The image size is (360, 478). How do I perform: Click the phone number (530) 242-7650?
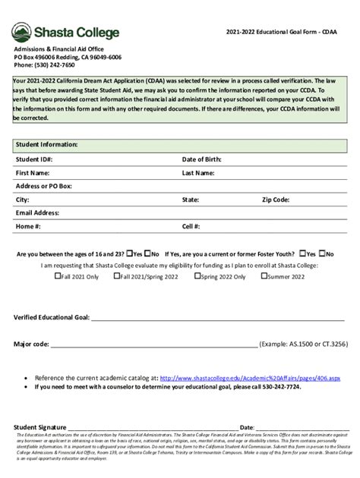pyautogui.click(x=42, y=65)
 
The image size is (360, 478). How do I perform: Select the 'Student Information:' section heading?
pyautogui.click(x=46, y=144)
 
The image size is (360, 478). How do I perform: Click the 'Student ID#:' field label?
pyautogui.click(x=34, y=159)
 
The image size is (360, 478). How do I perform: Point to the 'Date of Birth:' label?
pyautogui.click(x=201, y=159)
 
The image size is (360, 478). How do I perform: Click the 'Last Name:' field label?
pyautogui.click(x=198, y=173)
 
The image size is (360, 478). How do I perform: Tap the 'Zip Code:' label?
pyautogui.click(x=276, y=200)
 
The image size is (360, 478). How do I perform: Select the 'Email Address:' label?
pyautogui.click(x=37, y=213)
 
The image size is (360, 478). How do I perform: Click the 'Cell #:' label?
pyautogui.click(x=191, y=226)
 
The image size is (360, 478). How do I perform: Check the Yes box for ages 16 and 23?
pyautogui.click(x=130, y=253)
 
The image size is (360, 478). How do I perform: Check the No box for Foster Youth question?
pyautogui.click(x=322, y=253)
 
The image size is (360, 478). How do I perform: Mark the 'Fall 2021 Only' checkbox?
pyautogui.click(x=58, y=276)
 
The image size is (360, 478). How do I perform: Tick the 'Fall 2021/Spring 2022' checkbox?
pyautogui.click(x=116, y=276)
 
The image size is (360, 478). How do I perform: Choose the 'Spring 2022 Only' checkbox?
pyautogui.click(x=196, y=276)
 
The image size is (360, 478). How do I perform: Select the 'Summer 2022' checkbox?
pyautogui.click(x=264, y=276)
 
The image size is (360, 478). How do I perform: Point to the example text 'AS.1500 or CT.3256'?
pyautogui.click(x=317, y=344)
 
